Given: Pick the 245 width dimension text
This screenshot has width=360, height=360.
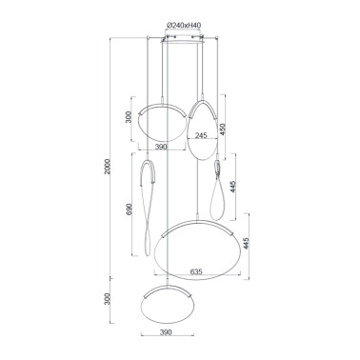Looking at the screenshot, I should coord(201,136).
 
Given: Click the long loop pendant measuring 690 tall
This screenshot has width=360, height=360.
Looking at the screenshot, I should coord(150,205).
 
